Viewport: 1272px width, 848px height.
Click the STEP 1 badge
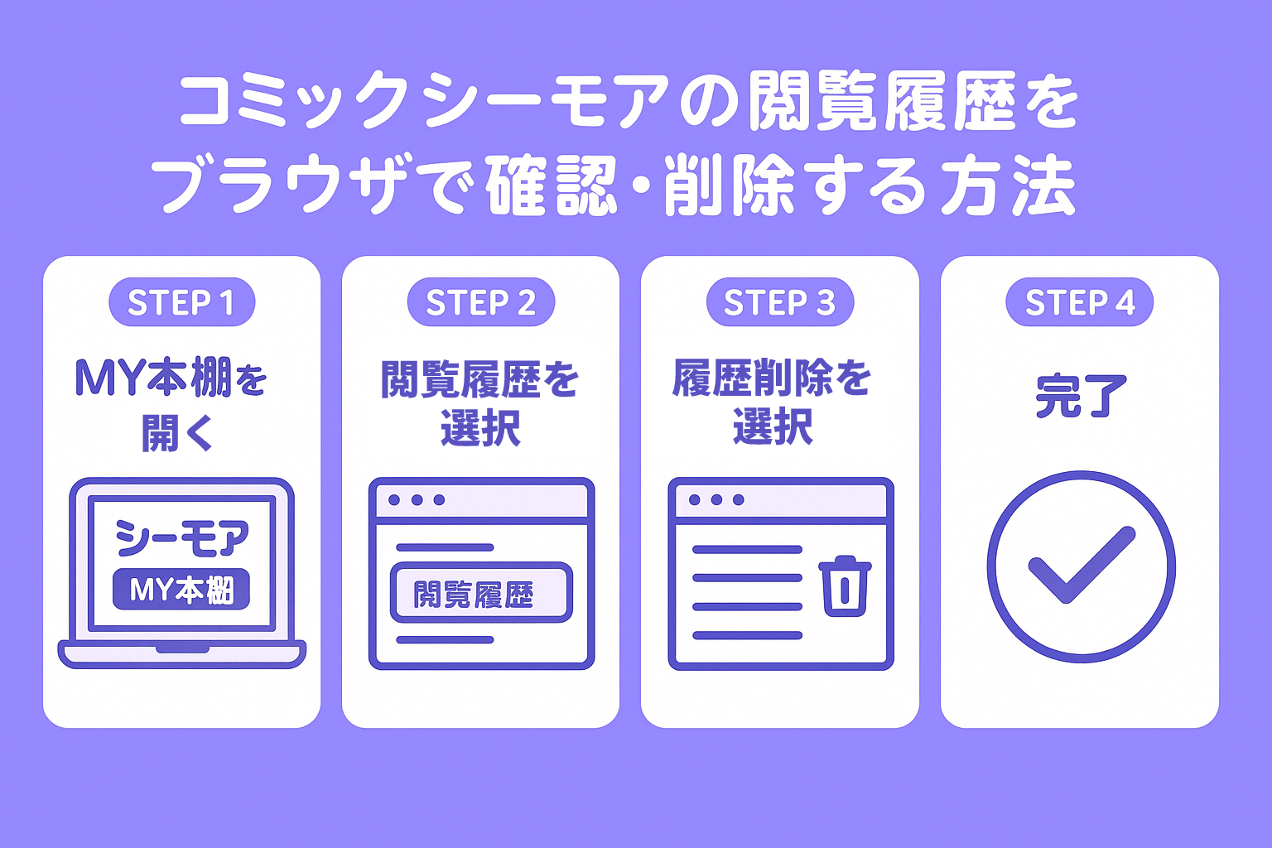181,302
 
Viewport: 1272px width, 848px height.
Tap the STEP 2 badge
480,302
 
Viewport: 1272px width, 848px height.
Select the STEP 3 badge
779,302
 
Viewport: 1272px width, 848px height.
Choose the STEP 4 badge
1079,302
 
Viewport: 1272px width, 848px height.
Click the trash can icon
845,585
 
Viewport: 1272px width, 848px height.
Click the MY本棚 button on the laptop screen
181,590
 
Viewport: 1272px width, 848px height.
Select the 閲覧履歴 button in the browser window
480,593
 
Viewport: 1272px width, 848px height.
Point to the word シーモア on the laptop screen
182,537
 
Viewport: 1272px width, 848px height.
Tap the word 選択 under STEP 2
480,428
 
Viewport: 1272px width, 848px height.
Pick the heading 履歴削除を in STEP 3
771,378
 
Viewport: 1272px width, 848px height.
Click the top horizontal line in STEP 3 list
747,550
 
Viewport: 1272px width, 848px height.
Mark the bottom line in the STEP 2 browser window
445,639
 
